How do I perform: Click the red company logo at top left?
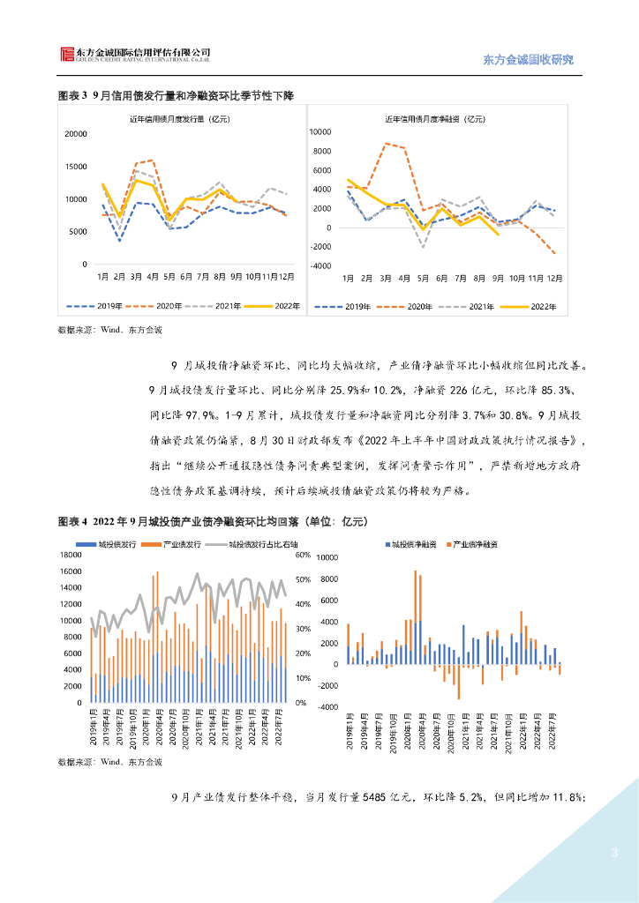click(67, 55)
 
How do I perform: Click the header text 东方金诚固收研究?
click(529, 60)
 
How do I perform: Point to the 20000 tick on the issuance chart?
click(76, 134)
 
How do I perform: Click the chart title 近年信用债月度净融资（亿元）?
click(435, 118)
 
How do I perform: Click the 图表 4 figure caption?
click(212, 522)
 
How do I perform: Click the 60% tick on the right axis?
click(302, 556)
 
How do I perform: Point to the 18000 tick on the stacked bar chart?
click(70, 556)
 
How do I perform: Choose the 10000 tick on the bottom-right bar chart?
click(327, 558)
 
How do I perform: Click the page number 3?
click(614, 853)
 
